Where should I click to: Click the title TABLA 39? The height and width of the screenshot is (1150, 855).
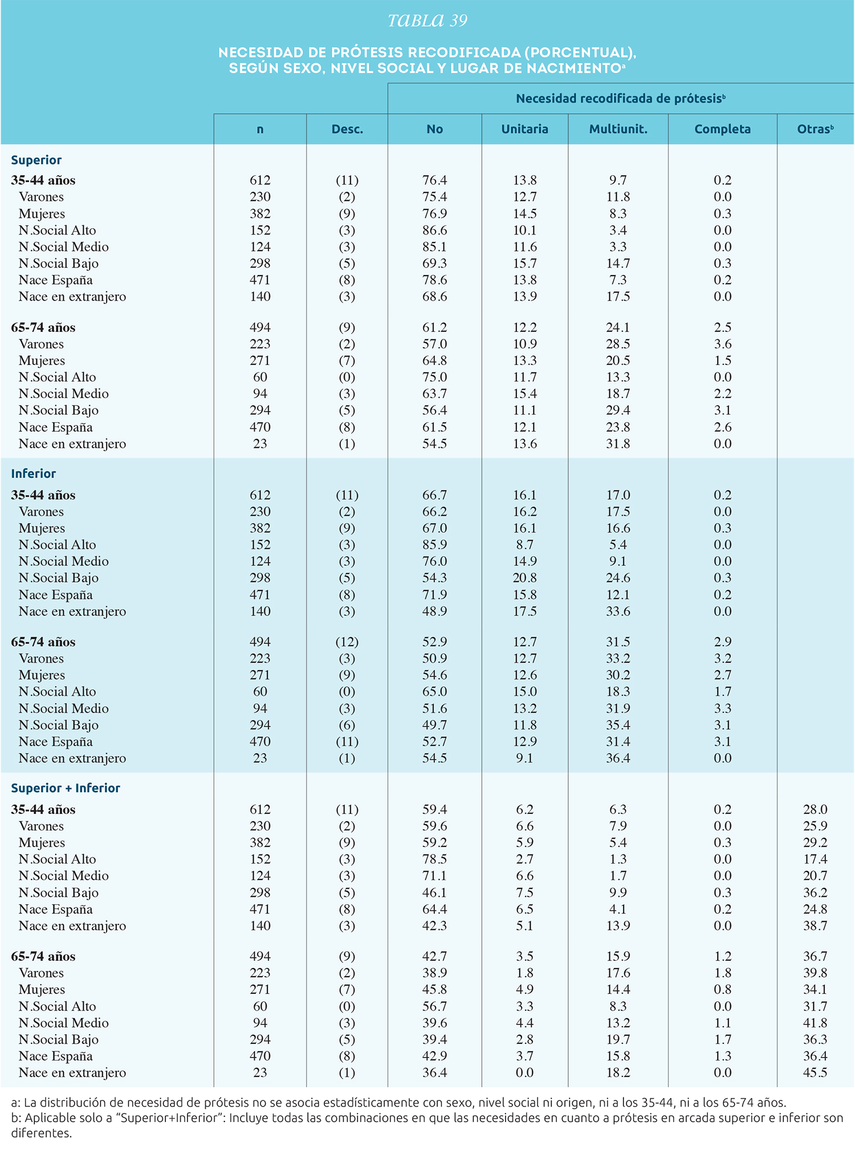pyautogui.click(x=427, y=21)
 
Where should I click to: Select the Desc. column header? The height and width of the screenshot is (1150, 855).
pyautogui.click(x=347, y=129)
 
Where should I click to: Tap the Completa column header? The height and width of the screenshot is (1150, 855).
pyautogui.click(x=722, y=129)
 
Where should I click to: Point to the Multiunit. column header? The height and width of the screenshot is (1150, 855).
pyautogui.click(x=618, y=129)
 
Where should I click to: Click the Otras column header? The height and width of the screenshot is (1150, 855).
pyautogui.click(x=815, y=129)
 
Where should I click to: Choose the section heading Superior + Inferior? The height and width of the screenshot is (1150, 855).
pyautogui.click(x=66, y=788)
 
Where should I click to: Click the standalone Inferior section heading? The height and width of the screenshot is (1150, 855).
pyautogui.click(x=34, y=473)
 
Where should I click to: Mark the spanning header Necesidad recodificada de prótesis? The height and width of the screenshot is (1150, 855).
pyautogui.click(x=620, y=99)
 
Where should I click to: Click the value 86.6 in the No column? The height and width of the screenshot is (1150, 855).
pyautogui.click(x=434, y=230)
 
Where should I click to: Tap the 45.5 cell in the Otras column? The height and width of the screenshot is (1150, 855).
pyautogui.click(x=815, y=1072)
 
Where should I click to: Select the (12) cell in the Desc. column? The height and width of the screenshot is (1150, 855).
pyautogui.click(x=347, y=642)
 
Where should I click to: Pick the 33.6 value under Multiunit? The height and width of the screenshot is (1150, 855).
pyautogui.click(x=618, y=611)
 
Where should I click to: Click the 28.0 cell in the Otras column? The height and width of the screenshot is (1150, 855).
pyautogui.click(x=815, y=809)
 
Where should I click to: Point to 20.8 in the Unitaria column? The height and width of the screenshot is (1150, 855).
pyautogui.click(x=524, y=578)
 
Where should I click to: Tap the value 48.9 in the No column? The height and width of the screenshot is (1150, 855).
pyautogui.click(x=434, y=611)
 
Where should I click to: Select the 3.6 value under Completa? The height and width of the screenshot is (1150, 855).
pyautogui.click(x=722, y=344)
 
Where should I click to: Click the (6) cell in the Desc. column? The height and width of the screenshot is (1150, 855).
pyautogui.click(x=347, y=725)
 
